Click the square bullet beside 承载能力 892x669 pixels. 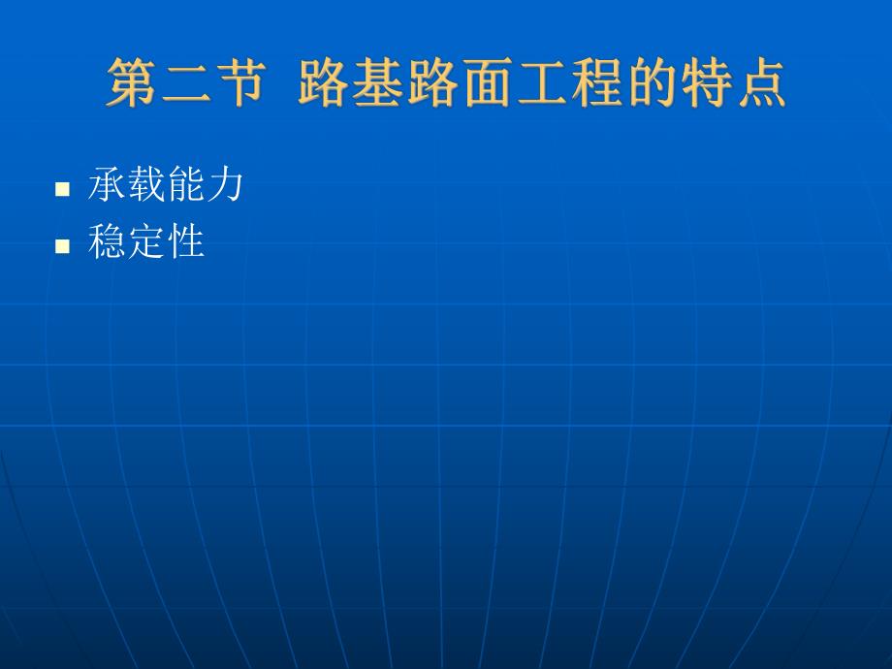tap(63, 189)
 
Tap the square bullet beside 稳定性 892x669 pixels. tap(63, 245)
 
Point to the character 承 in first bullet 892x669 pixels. tap(107, 184)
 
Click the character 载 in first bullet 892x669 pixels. tap(145, 184)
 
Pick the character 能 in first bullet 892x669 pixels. tap(184, 184)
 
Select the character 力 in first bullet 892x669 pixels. tap(224, 184)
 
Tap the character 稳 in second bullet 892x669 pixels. tap(107, 240)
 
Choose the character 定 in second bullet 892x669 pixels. tap(145, 240)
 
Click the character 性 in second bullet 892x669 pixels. tap(185, 240)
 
